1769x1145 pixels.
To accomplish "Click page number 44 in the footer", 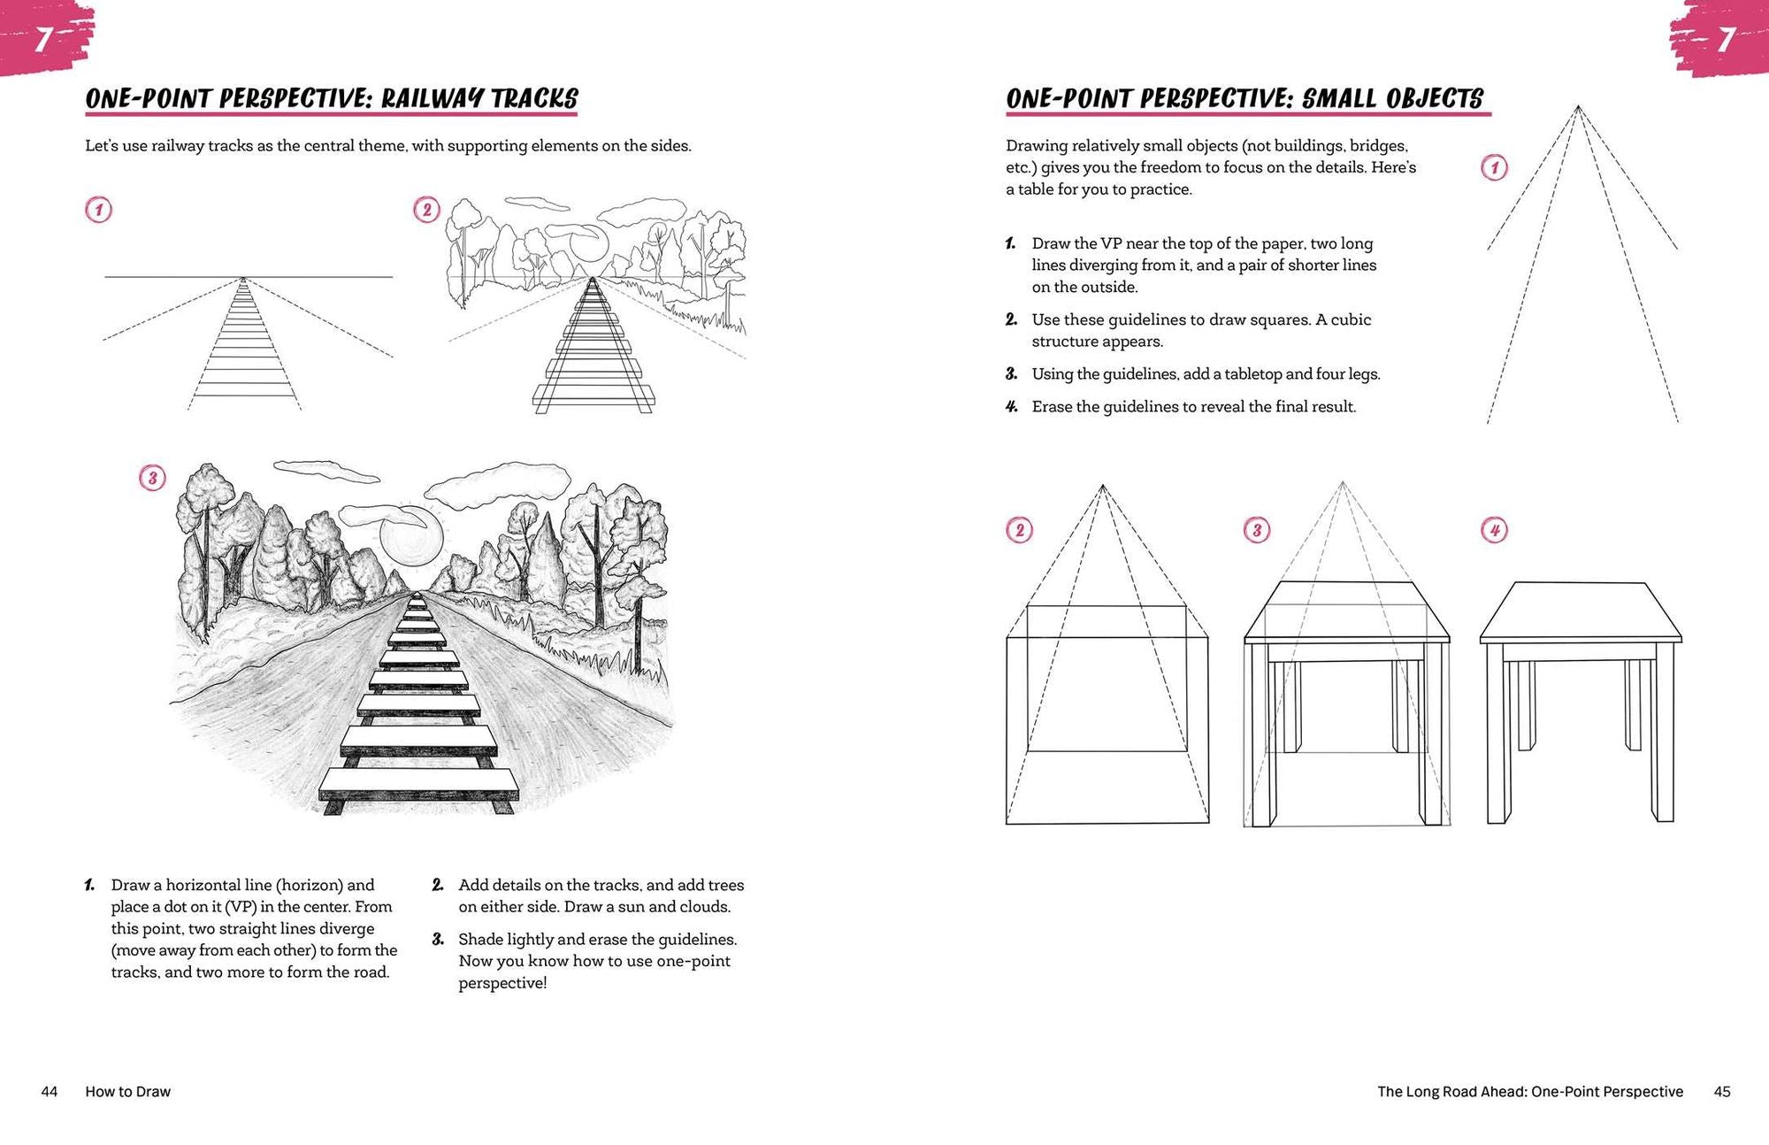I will (x=50, y=1092).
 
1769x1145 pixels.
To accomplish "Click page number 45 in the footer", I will (x=1721, y=1092).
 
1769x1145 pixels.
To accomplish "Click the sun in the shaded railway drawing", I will (x=411, y=541).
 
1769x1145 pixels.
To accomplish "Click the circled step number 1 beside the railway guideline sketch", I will (x=98, y=211).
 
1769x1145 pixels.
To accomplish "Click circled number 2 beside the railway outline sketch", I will (x=426, y=210).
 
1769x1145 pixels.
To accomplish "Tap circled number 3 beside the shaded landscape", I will (x=152, y=479).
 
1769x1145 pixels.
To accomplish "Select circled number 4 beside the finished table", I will (x=1494, y=531).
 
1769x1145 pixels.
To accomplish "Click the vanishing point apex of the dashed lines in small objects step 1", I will (x=1577, y=107).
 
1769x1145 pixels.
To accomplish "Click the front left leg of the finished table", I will (x=1497, y=734).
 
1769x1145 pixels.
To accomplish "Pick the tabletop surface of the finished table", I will (x=1580, y=611).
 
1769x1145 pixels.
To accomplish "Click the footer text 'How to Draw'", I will (x=127, y=1092).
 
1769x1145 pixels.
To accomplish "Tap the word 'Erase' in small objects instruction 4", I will (x=1052, y=407).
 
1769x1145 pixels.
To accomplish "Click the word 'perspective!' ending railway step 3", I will (x=502, y=983).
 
